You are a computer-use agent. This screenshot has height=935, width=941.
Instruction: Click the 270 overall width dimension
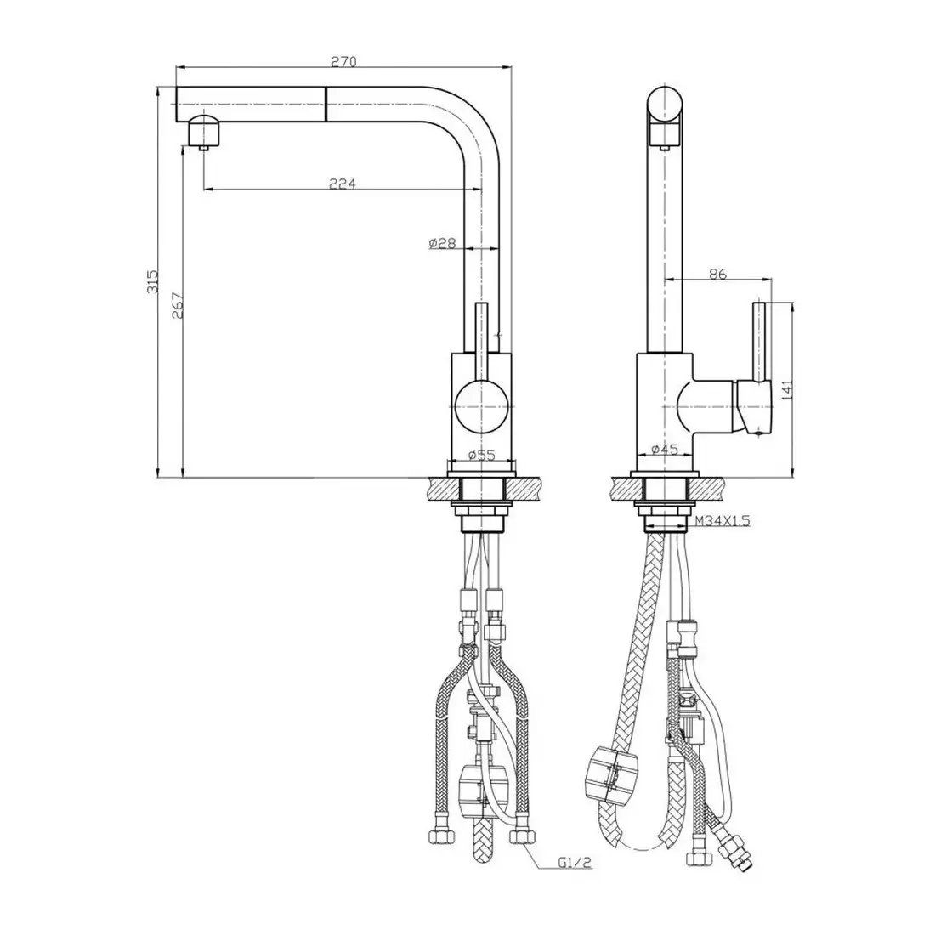point(343,61)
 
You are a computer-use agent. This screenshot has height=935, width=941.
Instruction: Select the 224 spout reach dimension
point(342,183)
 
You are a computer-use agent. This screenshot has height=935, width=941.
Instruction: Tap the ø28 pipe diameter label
point(443,244)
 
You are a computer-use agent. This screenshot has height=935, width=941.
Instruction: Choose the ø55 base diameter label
point(481,455)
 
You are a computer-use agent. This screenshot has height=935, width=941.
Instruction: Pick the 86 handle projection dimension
point(718,274)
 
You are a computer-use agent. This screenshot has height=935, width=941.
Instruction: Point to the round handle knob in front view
point(481,405)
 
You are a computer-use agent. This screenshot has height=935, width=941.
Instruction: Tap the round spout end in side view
point(666,105)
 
